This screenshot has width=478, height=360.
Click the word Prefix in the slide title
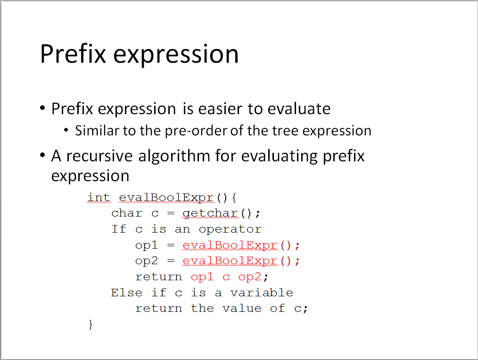[73, 54]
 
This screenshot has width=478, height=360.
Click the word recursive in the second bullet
[99, 156]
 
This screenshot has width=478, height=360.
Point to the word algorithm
[174, 156]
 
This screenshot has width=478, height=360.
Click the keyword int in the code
[99, 197]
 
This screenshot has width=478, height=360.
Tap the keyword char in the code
[126, 213]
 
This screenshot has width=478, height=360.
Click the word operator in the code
[230, 229]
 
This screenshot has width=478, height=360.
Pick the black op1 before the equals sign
[147, 245]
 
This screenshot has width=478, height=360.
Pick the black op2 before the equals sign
[147, 261]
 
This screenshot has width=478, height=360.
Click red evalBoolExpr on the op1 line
[230, 245]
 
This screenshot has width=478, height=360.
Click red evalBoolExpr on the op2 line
[230, 261]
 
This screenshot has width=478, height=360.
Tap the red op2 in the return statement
[250, 276]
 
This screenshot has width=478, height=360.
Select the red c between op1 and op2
[226, 277]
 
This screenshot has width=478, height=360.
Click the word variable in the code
[262, 293]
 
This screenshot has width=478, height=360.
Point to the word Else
[126, 293]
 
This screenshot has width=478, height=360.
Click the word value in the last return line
[242, 309]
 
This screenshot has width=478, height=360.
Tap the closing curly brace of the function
[91, 324]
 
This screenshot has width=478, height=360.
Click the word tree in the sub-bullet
[285, 131]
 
